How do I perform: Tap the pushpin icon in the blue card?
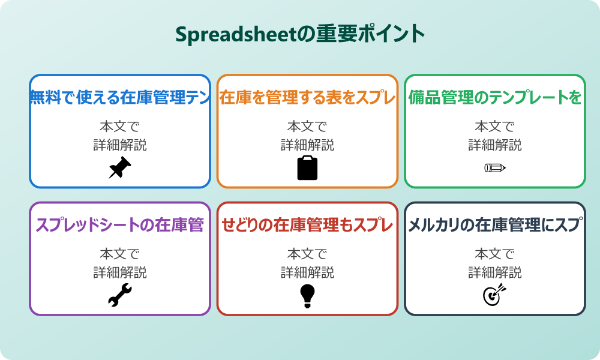[x=120, y=167]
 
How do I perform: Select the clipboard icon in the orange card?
[x=307, y=167]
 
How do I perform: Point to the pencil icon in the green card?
[x=495, y=167]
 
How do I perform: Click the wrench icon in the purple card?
[x=120, y=295]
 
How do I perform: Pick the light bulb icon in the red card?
[x=307, y=295]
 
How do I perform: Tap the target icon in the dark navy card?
[x=495, y=295]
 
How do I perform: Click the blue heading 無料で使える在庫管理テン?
[x=120, y=98]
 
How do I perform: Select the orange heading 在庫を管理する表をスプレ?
[x=307, y=98]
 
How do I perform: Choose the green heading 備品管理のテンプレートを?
[x=495, y=98]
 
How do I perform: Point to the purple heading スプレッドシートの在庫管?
[x=120, y=226]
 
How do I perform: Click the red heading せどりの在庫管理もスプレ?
[x=307, y=226]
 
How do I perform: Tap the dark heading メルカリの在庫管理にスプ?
[x=495, y=226]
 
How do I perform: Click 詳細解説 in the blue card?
[x=120, y=145]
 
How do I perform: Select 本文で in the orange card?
[x=307, y=127]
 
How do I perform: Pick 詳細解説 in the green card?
[x=495, y=145]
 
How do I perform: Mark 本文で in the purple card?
[x=120, y=254]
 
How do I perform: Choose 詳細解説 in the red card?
[x=307, y=272]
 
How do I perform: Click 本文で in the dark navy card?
[x=495, y=254]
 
